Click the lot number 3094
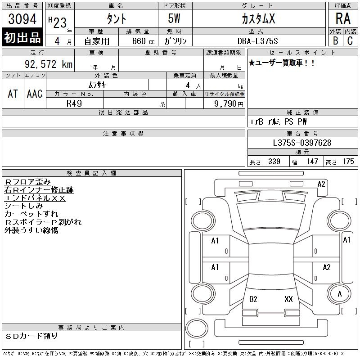coord(22,18)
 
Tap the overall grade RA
coord(343,18)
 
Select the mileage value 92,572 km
coord(49,64)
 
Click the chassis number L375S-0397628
coord(302,143)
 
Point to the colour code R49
coord(74,103)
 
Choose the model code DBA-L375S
coord(257,41)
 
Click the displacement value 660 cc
coord(143,41)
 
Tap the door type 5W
coord(174,18)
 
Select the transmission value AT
coord(13,94)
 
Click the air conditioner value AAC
coord(35,94)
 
